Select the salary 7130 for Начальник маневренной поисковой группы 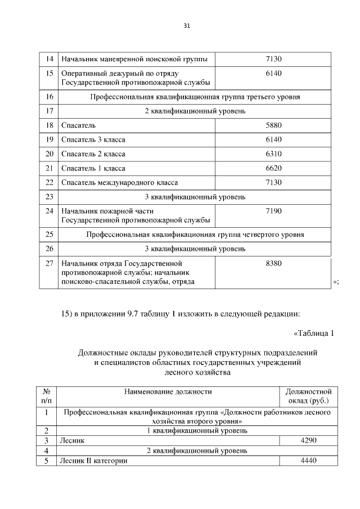point(273,58)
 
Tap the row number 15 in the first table point(49,74)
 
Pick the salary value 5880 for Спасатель point(273,125)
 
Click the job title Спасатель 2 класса point(93,154)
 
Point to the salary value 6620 point(273,168)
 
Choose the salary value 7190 point(273,211)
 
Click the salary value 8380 point(273,263)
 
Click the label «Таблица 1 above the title point(314,333)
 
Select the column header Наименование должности point(168,391)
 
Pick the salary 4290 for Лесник point(309,441)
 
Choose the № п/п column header point(47,396)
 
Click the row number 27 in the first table point(49,263)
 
